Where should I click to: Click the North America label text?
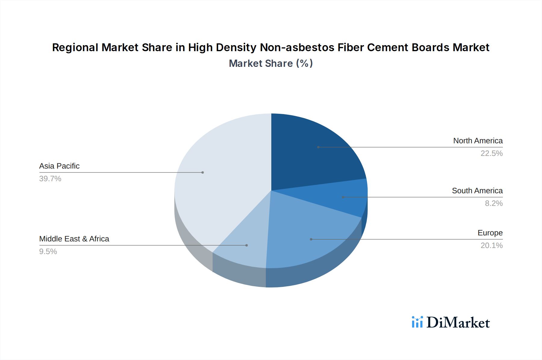click(478, 141)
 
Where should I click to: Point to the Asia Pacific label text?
click(59, 166)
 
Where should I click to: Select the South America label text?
click(477, 191)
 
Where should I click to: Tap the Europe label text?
click(490, 233)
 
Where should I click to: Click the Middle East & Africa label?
click(74, 239)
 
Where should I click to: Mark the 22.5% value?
click(491, 153)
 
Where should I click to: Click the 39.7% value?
click(50, 178)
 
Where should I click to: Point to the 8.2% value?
click(494, 203)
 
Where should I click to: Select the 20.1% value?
click(491, 245)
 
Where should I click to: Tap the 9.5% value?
click(48, 251)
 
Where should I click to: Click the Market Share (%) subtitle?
click(271, 63)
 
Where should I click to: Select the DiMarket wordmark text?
click(458, 323)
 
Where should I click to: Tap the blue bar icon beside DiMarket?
click(417, 322)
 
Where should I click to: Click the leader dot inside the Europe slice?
click(311, 239)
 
